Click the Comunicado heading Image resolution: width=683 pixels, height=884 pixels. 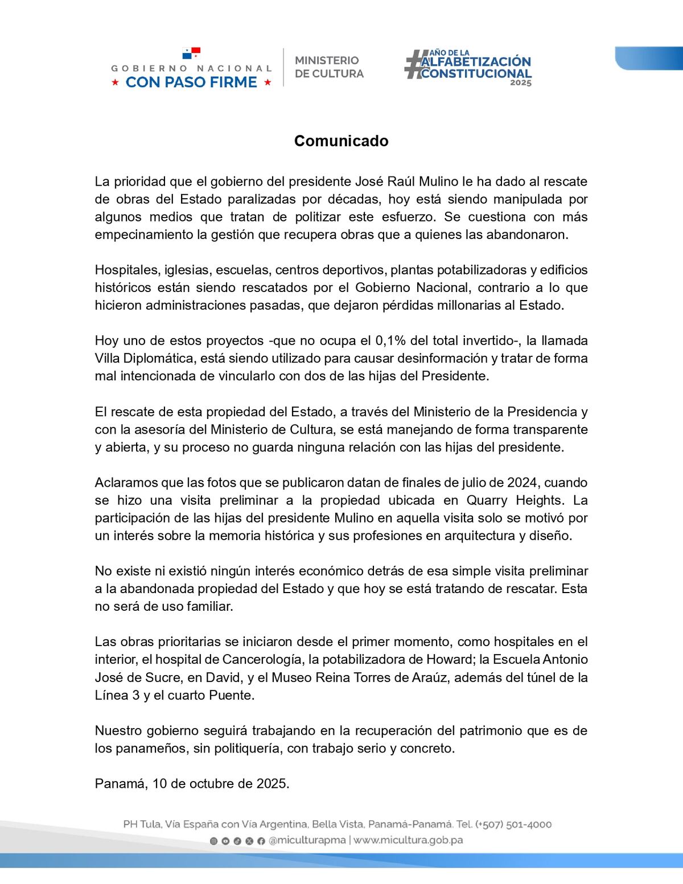pyautogui.click(x=341, y=141)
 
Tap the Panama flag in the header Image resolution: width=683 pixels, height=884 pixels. pyautogui.click(x=191, y=54)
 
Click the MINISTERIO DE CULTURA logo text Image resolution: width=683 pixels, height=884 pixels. pyautogui.click(x=329, y=67)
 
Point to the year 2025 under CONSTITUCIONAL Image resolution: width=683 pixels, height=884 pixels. pyautogui.click(x=520, y=83)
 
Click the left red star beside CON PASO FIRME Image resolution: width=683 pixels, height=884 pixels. pyautogui.click(x=115, y=83)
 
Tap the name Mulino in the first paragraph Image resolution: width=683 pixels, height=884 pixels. pyautogui.click(x=438, y=182)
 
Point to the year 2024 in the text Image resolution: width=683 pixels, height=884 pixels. pyautogui.click(x=522, y=483)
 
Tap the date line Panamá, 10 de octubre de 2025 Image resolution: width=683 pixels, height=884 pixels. pyautogui.click(x=192, y=784)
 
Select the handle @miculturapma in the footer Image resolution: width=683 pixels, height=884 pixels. pyautogui.click(x=307, y=841)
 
